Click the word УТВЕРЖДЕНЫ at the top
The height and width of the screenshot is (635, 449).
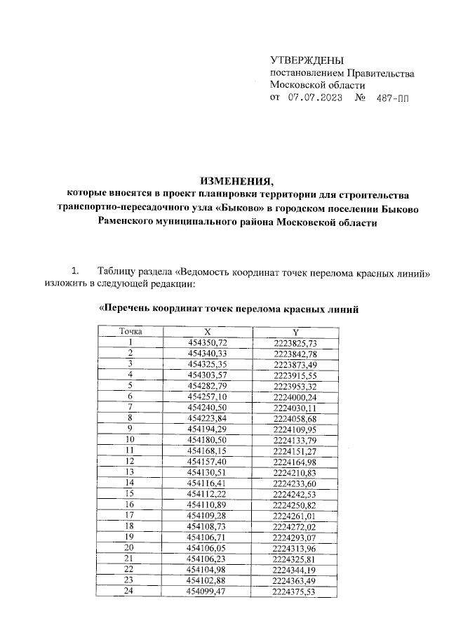(307, 61)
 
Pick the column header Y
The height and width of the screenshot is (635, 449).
(295, 331)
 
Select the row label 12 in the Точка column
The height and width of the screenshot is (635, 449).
(129, 460)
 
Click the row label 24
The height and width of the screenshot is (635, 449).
(129, 591)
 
